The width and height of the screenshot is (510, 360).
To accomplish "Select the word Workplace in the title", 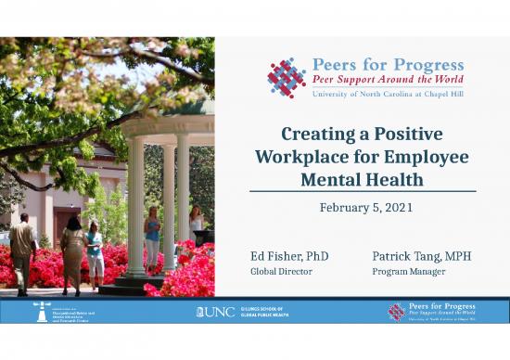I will point(297,156).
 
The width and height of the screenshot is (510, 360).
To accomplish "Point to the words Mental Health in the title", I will point(363,178).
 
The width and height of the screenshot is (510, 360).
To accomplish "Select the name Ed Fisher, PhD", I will point(289,255).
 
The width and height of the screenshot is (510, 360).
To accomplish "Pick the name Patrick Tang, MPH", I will point(422,255).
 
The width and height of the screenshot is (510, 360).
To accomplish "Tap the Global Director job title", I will point(282,272).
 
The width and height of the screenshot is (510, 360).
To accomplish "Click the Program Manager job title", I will point(409,272).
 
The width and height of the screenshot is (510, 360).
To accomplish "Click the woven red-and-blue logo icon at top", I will point(287,78).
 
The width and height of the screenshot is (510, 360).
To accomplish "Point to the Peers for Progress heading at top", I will point(388,65).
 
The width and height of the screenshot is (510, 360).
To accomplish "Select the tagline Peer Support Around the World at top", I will point(388,80).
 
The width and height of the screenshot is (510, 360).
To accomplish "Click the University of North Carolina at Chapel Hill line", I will point(388,94).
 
